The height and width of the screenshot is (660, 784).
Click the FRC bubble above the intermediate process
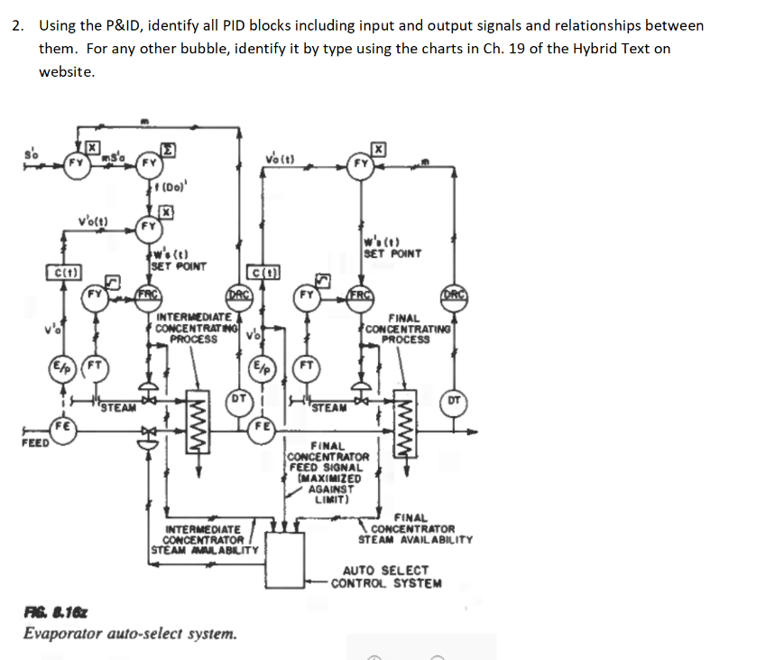point(149,294)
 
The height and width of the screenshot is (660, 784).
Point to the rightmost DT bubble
point(454,401)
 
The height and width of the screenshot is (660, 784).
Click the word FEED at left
point(35,443)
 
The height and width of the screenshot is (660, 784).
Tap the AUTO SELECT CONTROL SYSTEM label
point(386,576)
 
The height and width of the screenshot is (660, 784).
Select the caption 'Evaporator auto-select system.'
point(131,633)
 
